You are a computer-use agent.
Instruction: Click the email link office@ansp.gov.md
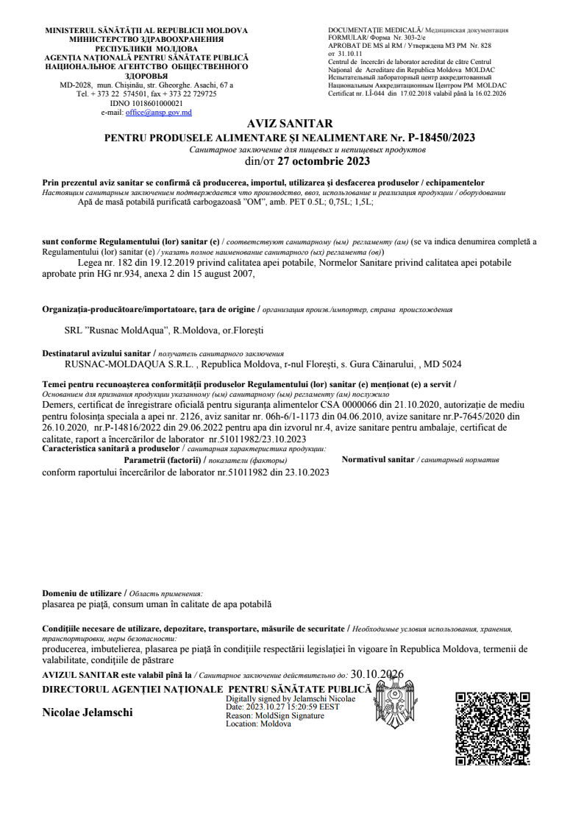pyautogui.click(x=159, y=113)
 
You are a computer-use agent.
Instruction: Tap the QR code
pyautogui.click(x=493, y=729)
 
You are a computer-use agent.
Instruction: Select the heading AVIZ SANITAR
pyautogui.click(x=291, y=124)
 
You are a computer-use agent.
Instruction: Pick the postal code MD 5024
pyautogui.click(x=444, y=364)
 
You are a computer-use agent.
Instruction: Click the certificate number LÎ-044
pyautogui.click(x=378, y=93)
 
